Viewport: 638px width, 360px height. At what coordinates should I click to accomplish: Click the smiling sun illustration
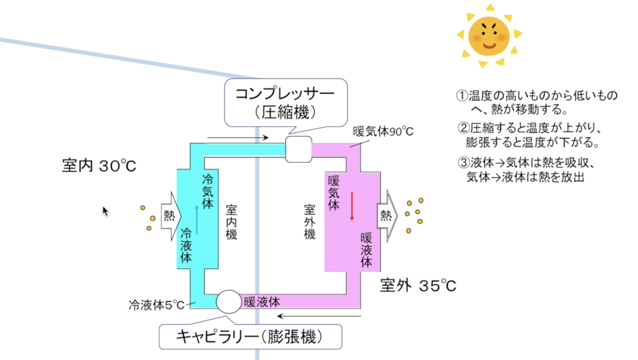(x=489, y=36)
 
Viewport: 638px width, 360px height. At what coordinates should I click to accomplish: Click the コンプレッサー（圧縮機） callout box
(x=286, y=102)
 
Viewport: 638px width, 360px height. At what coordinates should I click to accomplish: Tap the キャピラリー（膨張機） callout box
(x=250, y=337)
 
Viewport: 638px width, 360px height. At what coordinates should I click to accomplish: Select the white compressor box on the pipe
(x=298, y=149)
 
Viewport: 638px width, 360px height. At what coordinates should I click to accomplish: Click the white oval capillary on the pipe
(x=229, y=302)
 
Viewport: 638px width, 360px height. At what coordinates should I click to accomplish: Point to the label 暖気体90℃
(x=383, y=132)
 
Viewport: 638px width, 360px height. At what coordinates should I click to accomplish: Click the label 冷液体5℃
(x=156, y=305)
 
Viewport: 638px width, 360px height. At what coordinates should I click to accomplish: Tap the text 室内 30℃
(x=99, y=166)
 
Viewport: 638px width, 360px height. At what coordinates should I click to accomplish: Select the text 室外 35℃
(x=418, y=286)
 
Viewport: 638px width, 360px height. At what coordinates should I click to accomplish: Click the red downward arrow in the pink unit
(x=352, y=206)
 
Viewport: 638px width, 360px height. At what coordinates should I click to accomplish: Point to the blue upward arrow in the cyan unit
(x=197, y=219)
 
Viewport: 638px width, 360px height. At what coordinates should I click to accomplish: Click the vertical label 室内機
(x=231, y=222)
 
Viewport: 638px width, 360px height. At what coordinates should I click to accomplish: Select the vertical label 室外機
(x=310, y=222)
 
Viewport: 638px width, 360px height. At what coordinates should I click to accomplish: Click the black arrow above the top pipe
(x=238, y=138)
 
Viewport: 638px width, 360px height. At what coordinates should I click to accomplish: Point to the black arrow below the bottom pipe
(x=319, y=316)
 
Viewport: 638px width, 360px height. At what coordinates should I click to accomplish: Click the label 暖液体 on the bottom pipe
(x=262, y=302)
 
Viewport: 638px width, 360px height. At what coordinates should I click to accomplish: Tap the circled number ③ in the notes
(x=463, y=163)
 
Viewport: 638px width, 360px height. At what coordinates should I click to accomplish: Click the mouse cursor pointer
(x=105, y=211)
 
